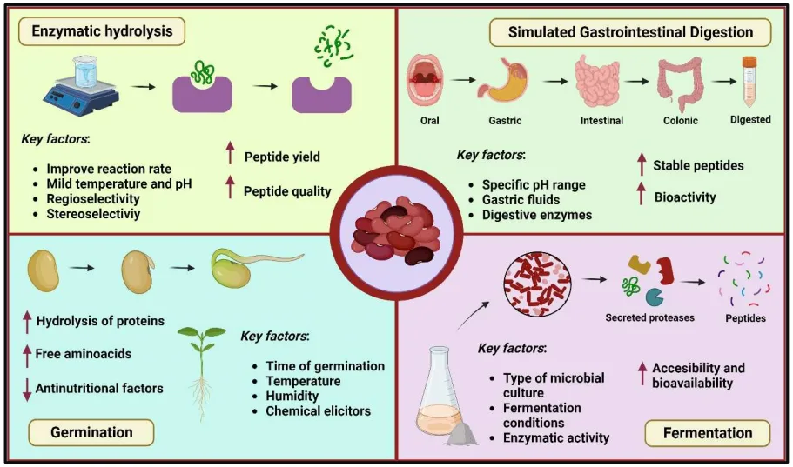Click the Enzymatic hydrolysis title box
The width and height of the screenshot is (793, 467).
tap(102, 32)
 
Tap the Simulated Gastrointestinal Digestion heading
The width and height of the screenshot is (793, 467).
tap(630, 32)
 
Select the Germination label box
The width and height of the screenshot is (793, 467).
tap(91, 432)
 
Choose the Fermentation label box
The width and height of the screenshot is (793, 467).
tap(707, 432)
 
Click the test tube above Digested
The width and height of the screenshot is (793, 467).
tap(749, 81)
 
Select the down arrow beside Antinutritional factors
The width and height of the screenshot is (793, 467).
tap(26, 388)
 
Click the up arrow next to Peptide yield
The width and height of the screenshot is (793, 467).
tap(230, 157)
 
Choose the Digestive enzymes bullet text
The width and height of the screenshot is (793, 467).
tap(537, 214)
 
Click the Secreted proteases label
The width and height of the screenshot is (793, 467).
tap(649, 317)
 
